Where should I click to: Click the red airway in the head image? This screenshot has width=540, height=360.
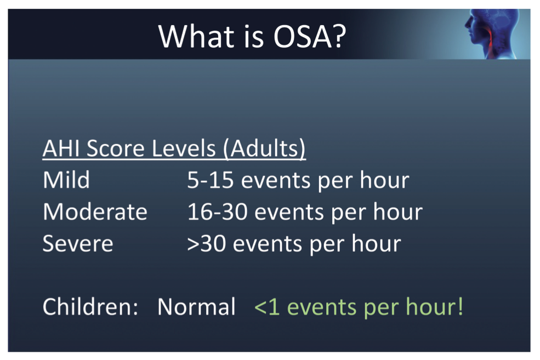(x=488, y=41)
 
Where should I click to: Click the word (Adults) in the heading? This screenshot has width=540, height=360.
(x=264, y=148)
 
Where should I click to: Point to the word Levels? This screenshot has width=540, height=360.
(x=184, y=148)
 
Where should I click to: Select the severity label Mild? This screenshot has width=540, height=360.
(x=66, y=180)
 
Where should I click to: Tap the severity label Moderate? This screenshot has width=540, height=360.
(x=95, y=212)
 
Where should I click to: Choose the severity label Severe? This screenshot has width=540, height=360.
(x=78, y=243)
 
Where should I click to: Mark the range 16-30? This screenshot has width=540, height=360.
(x=217, y=212)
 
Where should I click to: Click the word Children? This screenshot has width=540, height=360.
(x=90, y=307)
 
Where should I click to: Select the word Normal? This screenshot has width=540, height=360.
(x=196, y=307)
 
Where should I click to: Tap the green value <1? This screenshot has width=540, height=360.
(x=266, y=307)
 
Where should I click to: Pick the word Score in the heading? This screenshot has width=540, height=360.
(x=116, y=148)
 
